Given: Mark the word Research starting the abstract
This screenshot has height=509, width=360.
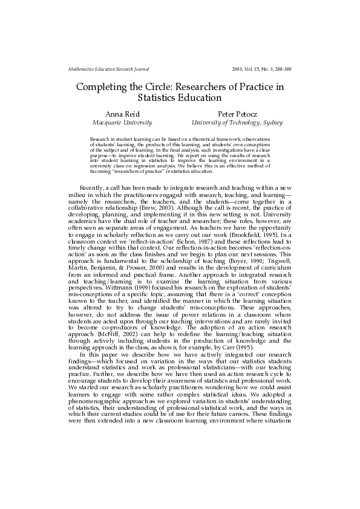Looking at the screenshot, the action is [x=100, y=139].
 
